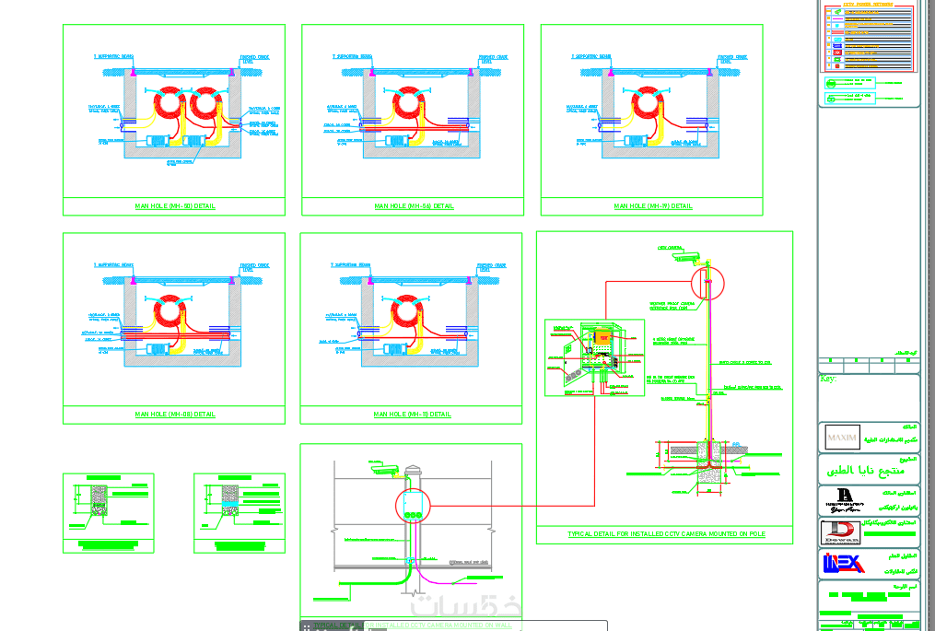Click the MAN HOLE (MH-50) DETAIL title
(x=175, y=206)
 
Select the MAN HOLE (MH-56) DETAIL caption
(x=414, y=206)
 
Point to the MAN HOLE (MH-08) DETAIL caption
(x=175, y=415)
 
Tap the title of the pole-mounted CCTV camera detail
(x=666, y=534)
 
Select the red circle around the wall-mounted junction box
(x=413, y=506)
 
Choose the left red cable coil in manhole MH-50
(x=170, y=102)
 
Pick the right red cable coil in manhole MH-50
(x=207, y=102)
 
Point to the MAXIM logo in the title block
(x=842, y=437)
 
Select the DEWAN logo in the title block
(x=840, y=532)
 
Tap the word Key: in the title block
(x=827, y=379)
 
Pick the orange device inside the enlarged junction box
(x=604, y=339)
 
